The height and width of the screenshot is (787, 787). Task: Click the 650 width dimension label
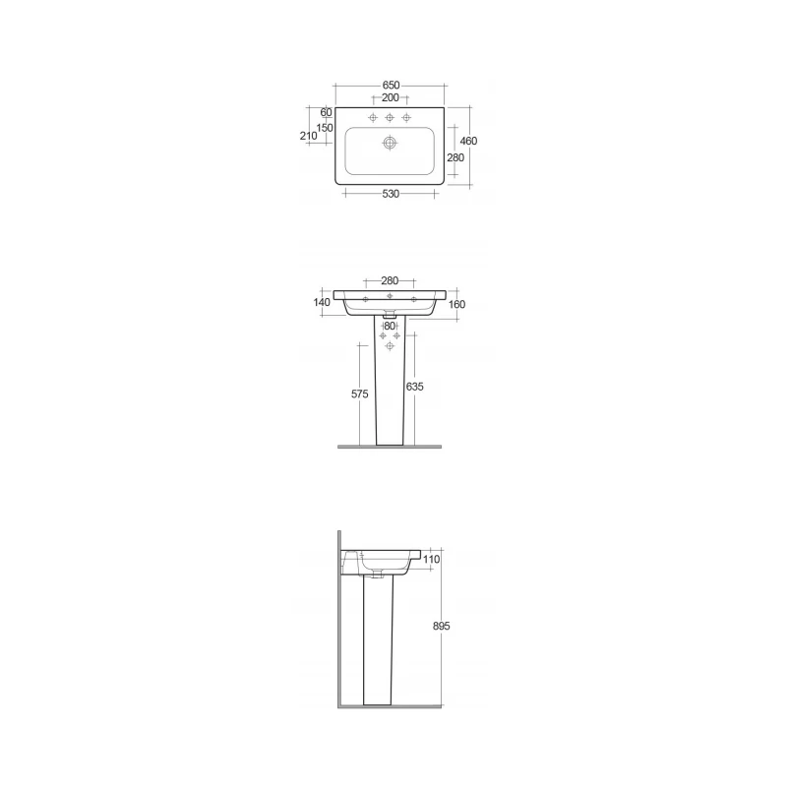[x=391, y=86]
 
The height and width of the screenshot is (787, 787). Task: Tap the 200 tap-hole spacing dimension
[x=390, y=97]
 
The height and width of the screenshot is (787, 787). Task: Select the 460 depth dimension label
[x=468, y=141]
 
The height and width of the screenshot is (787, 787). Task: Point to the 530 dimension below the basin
[x=391, y=194]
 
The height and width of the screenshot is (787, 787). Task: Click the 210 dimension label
[x=308, y=136]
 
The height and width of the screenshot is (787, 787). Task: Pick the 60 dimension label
[x=327, y=112]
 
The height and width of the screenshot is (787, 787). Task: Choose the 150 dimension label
[x=325, y=128]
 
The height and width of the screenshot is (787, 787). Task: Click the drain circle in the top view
[x=390, y=143]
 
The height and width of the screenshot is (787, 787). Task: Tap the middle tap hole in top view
[x=390, y=117]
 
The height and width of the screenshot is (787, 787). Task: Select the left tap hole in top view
[x=373, y=117]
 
